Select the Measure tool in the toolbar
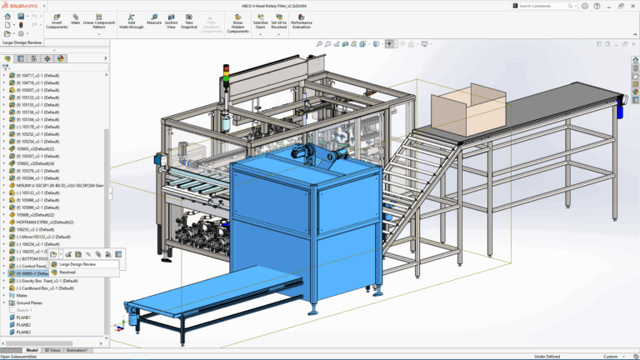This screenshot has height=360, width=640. click(x=154, y=20)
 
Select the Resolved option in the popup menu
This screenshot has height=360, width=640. click(x=67, y=272)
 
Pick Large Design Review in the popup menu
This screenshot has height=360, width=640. click(x=77, y=264)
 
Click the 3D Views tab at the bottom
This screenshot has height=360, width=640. click(x=52, y=350)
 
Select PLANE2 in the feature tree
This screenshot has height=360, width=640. click(x=23, y=324)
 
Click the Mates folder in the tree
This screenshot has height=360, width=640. click(x=22, y=295)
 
